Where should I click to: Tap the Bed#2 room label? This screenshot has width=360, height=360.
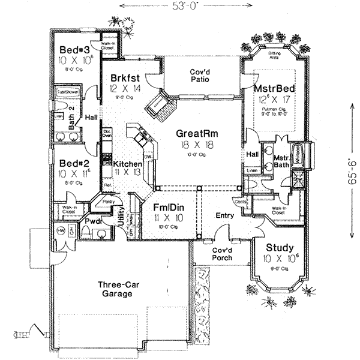(x=71, y=163)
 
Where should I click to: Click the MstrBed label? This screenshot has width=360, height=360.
(x=271, y=88)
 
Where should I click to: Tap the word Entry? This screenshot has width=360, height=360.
(x=224, y=215)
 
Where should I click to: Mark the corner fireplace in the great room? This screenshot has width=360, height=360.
(x=159, y=107)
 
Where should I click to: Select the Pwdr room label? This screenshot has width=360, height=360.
(x=92, y=222)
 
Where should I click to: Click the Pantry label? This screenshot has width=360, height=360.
(x=109, y=202)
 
